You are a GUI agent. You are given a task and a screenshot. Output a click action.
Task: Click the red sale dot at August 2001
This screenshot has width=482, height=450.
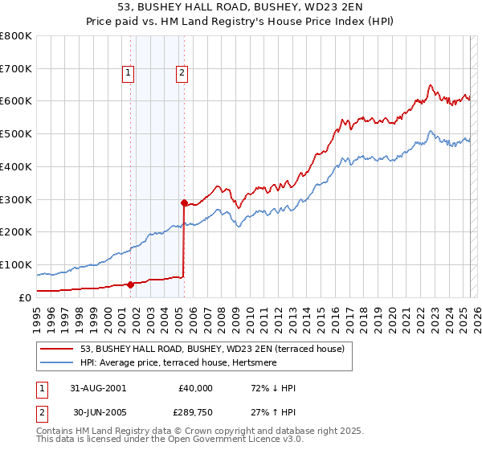pos(130,284)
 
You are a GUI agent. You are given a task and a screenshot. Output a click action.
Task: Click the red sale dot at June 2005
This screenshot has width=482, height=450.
pos(185,202)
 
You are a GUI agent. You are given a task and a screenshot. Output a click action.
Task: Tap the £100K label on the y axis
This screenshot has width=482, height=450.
pos(16,264)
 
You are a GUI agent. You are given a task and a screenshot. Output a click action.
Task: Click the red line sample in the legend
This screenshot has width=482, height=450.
pos(56,349)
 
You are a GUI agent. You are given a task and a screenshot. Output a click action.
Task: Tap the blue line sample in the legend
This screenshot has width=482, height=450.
pos(56,362)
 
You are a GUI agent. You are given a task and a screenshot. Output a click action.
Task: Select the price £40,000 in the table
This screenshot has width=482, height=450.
pos(195,388)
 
